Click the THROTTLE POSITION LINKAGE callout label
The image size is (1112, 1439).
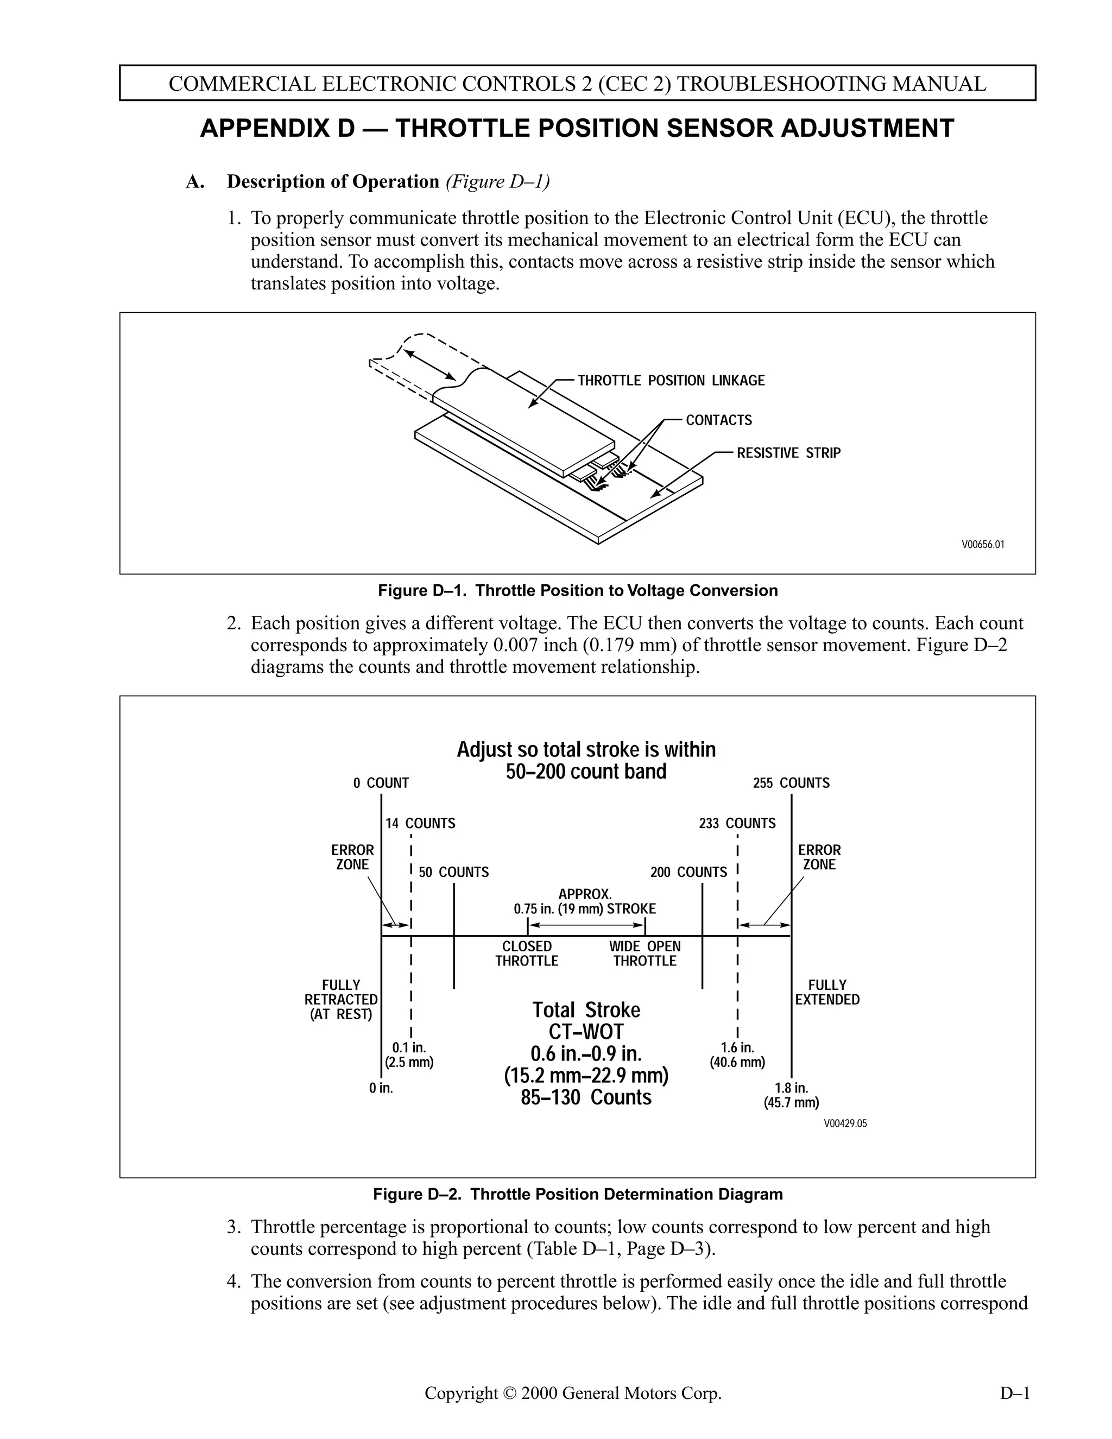671,380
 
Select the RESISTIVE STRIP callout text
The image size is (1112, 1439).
788,453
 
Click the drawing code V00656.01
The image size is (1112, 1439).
982,544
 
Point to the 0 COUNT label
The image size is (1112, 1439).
381,782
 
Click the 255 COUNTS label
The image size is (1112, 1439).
791,782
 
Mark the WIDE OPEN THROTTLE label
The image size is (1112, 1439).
645,954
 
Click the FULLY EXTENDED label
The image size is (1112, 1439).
827,992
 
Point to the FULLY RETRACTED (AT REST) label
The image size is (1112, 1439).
340,1000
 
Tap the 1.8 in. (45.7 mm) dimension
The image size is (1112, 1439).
791,1095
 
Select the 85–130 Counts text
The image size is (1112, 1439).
586,1097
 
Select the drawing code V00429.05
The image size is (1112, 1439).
845,1124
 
